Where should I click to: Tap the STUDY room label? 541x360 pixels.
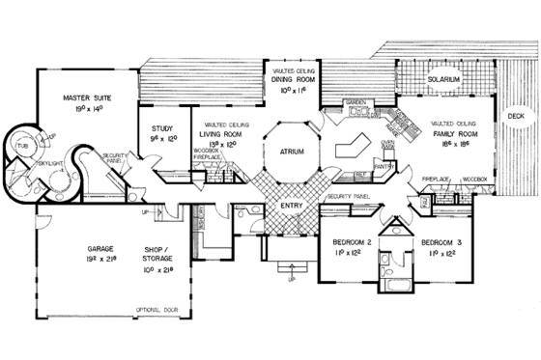click(x=161, y=126)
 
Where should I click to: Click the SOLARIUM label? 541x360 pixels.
click(x=445, y=78)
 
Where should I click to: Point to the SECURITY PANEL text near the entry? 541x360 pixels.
click(x=349, y=196)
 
